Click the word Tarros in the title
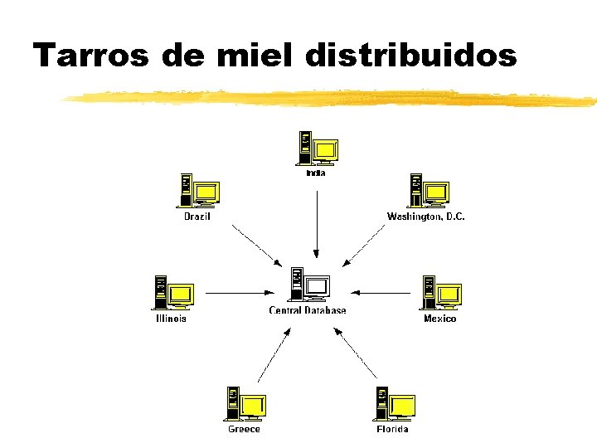click(x=91, y=56)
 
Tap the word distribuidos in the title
click(x=411, y=56)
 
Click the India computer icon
click(x=318, y=149)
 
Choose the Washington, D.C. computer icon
click(x=427, y=191)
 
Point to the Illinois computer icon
click(x=173, y=293)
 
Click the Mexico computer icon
click(x=440, y=293)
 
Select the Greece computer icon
click(x=245, y=404)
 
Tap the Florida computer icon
click(x=393, y=404)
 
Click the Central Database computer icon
click(x=309, y=285)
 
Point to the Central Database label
click(x=308, y=311)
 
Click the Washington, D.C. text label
click(x=426, y=217)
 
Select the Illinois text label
click(x=172, y=319)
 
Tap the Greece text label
click(x=245, y=429)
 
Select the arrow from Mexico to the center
click(x=381, y=292)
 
